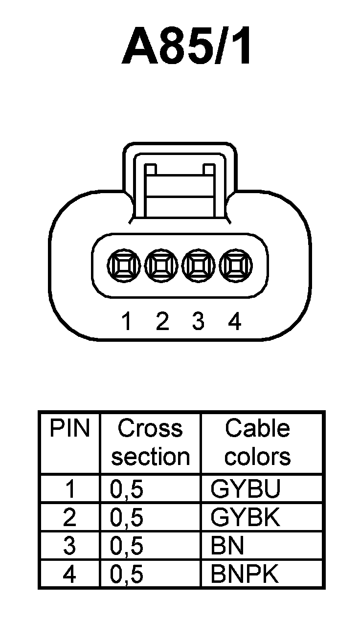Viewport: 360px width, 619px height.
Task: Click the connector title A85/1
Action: tap(188, 48)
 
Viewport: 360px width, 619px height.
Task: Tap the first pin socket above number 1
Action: tap(125, 266)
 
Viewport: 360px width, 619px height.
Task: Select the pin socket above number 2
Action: tap(161, 266)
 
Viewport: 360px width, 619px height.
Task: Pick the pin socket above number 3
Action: tap(198, 266)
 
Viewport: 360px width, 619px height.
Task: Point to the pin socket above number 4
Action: tap(235, 266)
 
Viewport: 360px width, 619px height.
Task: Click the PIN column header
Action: tap(70, 429)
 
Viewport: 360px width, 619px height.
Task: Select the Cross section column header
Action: tap(150, 442)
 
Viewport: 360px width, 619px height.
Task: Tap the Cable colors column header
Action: tap(257, 442)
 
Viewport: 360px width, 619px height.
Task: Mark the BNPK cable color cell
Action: tap(244, 574)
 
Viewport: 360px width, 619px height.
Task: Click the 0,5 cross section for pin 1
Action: tap(127, 490)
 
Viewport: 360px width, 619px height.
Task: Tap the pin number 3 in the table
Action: tap(70, 546)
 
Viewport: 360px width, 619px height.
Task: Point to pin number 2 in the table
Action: tap(70, 518)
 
